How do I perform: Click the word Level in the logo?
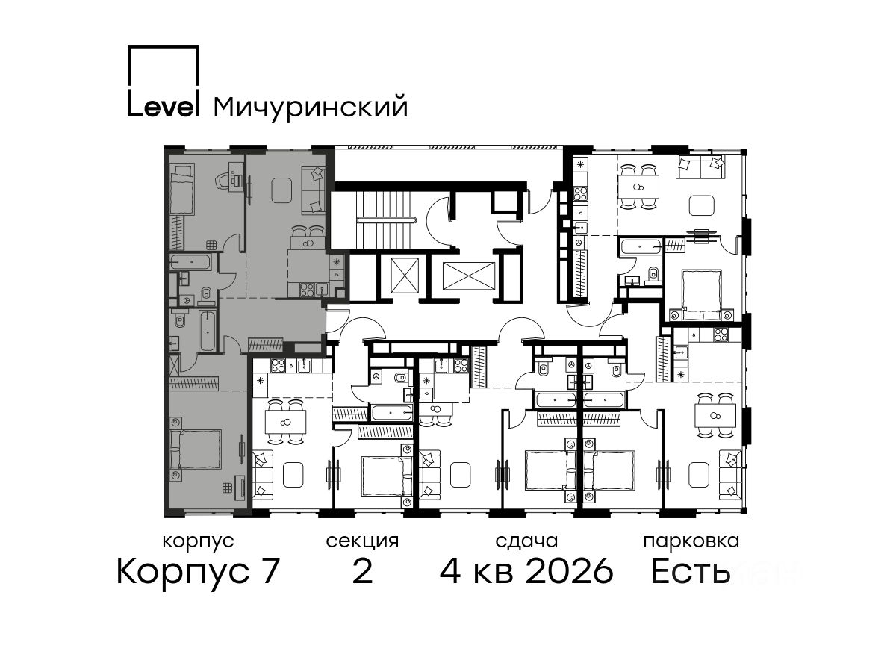tap(164, 107)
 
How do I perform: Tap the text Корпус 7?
tap(198, 572)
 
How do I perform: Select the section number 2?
tap(362, 572)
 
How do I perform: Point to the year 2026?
tap(570, 572)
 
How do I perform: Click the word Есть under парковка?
tap(690, 572)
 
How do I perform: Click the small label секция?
tap(362, 541)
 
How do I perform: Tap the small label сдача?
tap(526, 541)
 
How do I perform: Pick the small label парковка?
tap(691, 541)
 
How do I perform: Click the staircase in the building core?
tap(386, 220)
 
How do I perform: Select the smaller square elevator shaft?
tap(405, 275)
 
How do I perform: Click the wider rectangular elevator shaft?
tap(468, 276)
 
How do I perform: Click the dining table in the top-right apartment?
tap(638, 187)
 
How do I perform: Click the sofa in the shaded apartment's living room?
tap(314, 190)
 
